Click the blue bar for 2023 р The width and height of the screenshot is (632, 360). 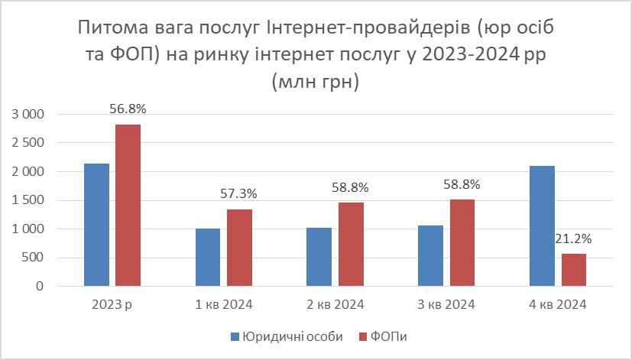point(96,225)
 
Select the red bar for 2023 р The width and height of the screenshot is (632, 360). point(128,205)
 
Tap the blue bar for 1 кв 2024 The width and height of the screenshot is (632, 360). point(208,258)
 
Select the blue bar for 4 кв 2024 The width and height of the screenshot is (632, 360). point(542,226)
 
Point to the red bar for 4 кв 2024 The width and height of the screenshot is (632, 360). point(573,270)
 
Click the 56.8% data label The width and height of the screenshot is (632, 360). point(128,109)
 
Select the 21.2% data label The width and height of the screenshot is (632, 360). point(574,238)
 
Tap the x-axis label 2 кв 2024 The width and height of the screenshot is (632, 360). point(335,304)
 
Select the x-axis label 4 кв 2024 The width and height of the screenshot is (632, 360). point(557,304)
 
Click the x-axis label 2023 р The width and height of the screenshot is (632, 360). point(112,304)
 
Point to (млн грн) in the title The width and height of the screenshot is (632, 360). point(315,81)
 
